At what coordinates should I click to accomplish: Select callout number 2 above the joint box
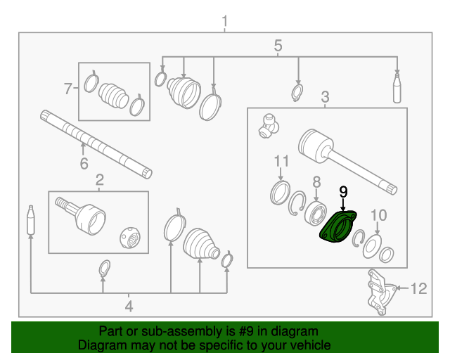(x=100, y=179)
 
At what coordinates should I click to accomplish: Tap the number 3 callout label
(x=325, y=96)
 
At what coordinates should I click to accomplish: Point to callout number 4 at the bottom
(x=129, y=306)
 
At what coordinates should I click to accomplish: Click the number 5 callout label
(x=278, y=46)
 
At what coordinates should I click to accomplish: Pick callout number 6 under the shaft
(x=84, y=165)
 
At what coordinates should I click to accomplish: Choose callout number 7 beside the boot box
(x=68, y=89)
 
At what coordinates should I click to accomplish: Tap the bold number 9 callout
(x=343, y=191)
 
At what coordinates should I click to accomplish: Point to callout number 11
(x=281, y=161)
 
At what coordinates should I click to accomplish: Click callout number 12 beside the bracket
(x=418, y=288)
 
